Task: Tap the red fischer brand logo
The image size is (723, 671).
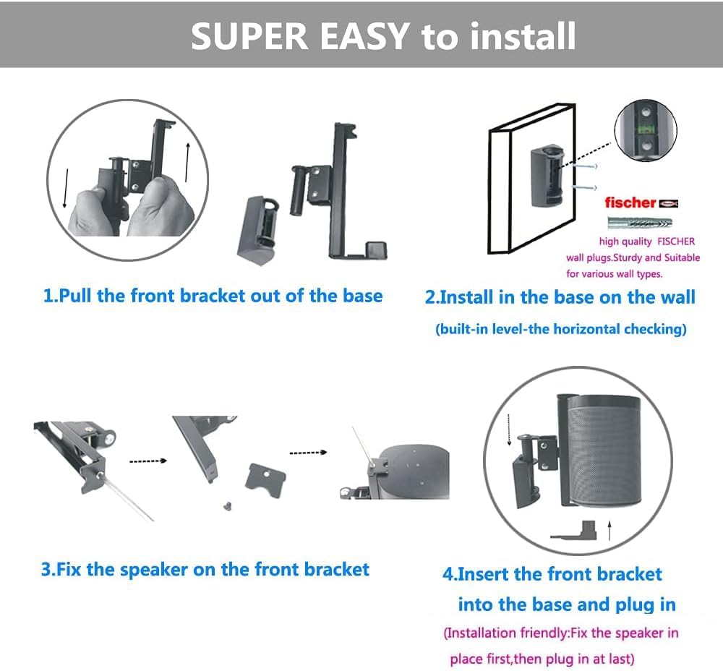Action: click(630, 202)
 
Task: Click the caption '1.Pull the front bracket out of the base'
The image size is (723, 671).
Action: click(213, 296)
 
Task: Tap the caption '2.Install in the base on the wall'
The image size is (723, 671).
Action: click(560, 297)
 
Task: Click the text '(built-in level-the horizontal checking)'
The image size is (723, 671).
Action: click(560, 329)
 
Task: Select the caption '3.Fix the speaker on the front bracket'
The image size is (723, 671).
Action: click(205, 569)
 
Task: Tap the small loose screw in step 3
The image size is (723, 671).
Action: click(227, 503)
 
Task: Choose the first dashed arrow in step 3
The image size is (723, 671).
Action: click(147, 460)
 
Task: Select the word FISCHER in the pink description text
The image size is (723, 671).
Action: click(676, 242)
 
